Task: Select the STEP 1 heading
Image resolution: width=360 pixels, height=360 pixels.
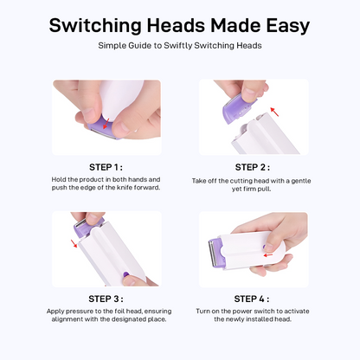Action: pyautogui.click(x=106, y=167)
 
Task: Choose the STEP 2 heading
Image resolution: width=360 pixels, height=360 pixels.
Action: pyautogui.click(x=253, y=167)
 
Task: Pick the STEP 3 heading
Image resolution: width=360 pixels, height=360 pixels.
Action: pyautogui.click(x=106, y=299)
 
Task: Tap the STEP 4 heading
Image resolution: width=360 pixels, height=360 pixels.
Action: pyautogui.click(x=252, y=299)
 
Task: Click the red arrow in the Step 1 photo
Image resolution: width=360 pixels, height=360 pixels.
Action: pyautogui.click(x=106, y=123)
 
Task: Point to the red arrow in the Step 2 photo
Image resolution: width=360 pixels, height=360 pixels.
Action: pyautogui.click(x=274, y=112)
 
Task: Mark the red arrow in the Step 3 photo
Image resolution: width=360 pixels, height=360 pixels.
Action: pyautogui.click(x=74, y=243)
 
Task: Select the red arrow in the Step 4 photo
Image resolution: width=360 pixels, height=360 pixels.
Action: pyautogui.click(x=268, y=255)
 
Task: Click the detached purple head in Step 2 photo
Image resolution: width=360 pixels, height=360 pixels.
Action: pyautogui.click(x=238, y=108)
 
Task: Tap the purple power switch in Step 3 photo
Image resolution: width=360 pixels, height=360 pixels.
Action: pyautogui.click(x=125, y=274)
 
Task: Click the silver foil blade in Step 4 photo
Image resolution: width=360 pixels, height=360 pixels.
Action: pyautogui.click(x=212, y=253)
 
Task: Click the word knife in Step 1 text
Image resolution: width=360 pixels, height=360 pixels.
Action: pyautogui.click(x=125, y=188)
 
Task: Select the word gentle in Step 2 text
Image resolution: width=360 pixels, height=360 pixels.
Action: pyautogui.click(x=301, y=181)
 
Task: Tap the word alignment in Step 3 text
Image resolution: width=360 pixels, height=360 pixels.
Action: pyautogui.click(x=67, y=319)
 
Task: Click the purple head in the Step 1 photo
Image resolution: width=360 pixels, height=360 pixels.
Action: pyautogui.click(x=103, y=126)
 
